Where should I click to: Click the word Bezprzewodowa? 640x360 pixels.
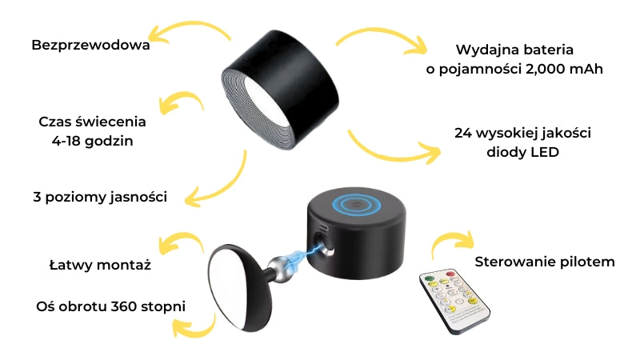91,45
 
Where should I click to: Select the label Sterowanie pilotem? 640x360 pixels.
545,262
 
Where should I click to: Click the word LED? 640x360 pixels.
542,152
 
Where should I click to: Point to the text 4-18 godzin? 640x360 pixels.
92,141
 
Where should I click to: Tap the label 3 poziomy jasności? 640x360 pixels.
100,197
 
